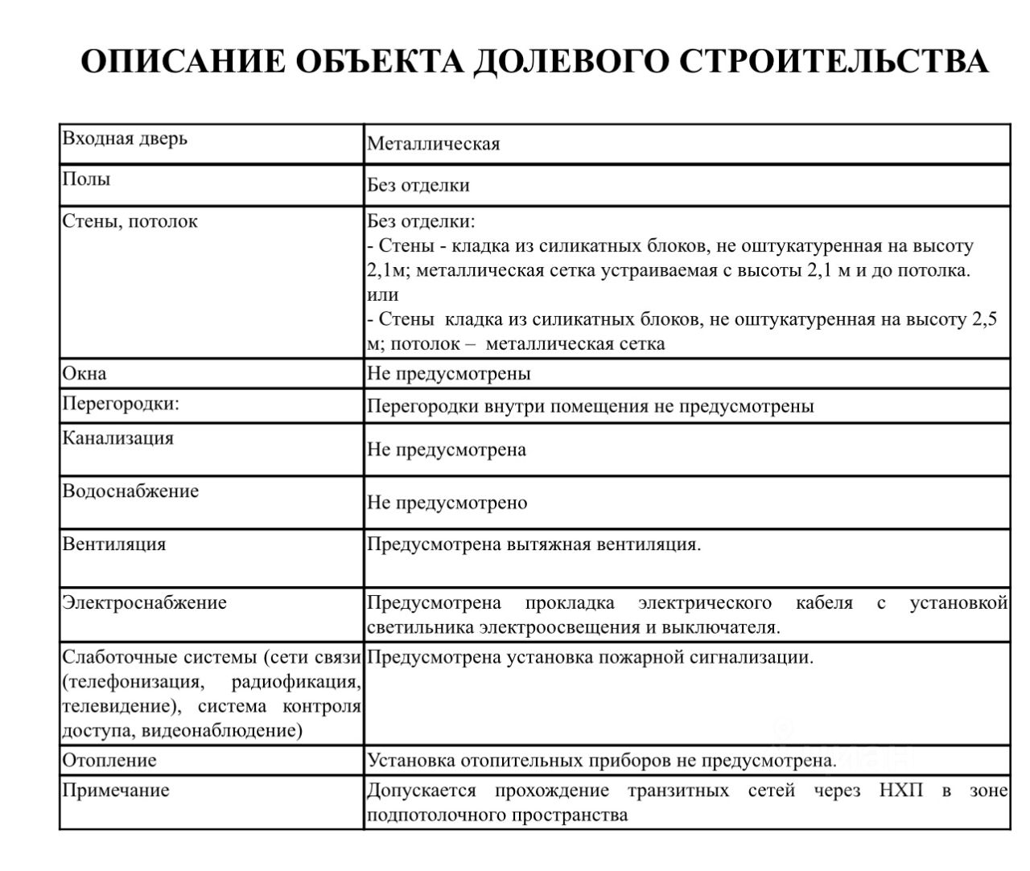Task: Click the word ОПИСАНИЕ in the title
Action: click(183, 62)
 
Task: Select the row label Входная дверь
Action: click(125, 138)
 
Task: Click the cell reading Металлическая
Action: click(433, 144)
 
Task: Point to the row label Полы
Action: click(86, 179)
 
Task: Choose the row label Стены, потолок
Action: click(130, 221)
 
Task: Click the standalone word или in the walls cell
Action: click(382, 294)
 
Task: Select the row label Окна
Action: click(84, 373)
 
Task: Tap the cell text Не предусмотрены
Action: click(448, 373)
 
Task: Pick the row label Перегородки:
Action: click(121, 404)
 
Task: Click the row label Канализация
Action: click(117, 438)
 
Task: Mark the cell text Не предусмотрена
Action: click(447, 450)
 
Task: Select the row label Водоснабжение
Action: click(130, 491)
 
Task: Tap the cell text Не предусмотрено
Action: click(447, 503)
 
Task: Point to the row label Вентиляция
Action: click(114, 544)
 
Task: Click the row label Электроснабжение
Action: click(145, 602)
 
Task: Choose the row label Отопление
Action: click(109, 760)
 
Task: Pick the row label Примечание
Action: click(116, 790)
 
